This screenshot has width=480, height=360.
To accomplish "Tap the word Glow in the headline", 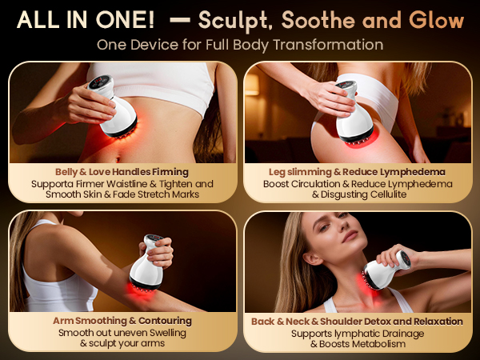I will tap(437, 20).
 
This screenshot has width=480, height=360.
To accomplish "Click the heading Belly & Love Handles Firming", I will tap(122, 172).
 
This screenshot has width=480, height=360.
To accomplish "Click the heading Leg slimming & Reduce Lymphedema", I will tap(358, 172).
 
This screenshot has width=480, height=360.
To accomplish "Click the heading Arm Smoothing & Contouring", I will tap(122, 321).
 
